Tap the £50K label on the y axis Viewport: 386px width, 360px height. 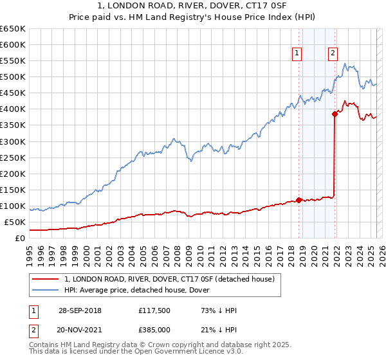click(x=15, y=222)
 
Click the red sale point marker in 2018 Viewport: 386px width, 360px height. click(x=299, y=200)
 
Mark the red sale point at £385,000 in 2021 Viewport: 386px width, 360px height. click(x=335, y=114)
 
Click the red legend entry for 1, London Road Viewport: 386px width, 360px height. click(x=170, y=279)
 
